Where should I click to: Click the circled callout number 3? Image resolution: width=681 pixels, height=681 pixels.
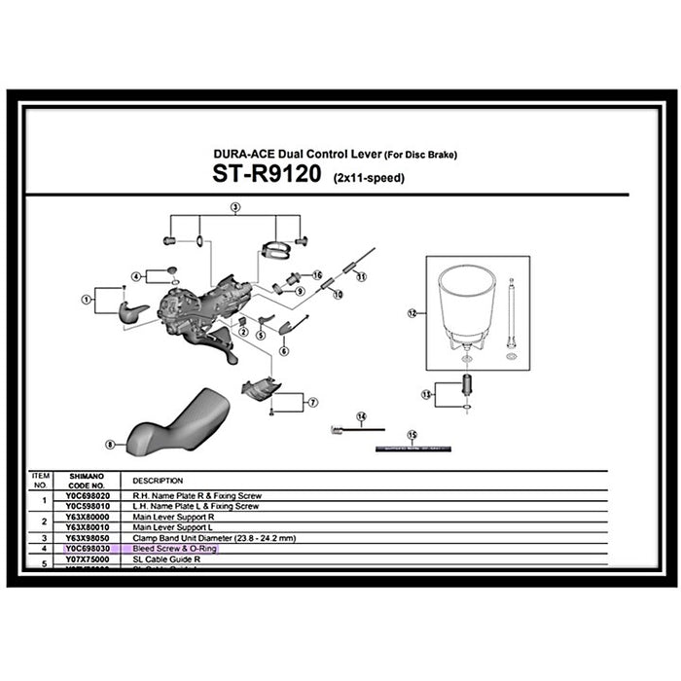[234, 208]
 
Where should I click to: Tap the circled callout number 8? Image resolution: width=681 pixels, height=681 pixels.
[110, 444]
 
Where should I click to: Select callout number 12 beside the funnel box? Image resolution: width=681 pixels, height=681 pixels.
[412, 313]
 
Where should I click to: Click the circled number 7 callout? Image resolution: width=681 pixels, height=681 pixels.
[311, 402]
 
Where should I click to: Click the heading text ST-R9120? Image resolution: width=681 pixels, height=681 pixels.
[270, 178]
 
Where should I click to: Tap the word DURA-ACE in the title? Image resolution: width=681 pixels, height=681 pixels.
[243, 154]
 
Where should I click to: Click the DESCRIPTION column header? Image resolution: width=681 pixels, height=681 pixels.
[158, 481]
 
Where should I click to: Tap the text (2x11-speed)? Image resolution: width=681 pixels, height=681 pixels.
[370, 180]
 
